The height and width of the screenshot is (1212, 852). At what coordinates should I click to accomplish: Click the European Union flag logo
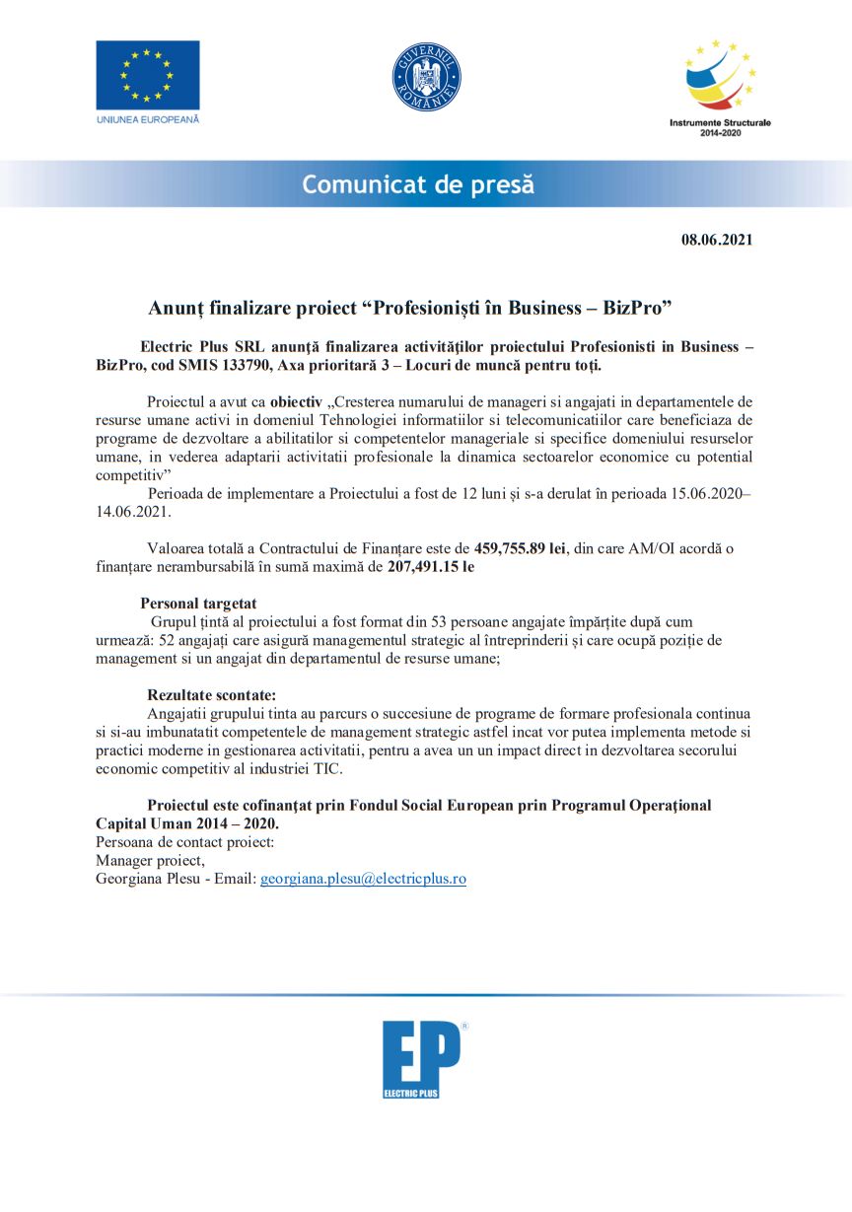point(148,75)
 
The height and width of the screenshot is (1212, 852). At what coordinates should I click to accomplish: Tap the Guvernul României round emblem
point(427,77)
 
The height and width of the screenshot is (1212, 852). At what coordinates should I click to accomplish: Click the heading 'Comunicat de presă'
point(418,184)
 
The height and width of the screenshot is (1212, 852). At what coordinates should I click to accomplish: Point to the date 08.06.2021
point(717,240)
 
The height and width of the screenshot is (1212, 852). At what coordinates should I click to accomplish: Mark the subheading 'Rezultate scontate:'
point(211,695)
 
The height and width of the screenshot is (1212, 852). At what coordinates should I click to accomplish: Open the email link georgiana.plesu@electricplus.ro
point(363,878)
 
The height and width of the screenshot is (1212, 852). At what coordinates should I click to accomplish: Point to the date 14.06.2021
point(133,513)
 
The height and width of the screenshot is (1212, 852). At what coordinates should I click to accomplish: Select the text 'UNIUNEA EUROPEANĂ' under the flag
point(148,119)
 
